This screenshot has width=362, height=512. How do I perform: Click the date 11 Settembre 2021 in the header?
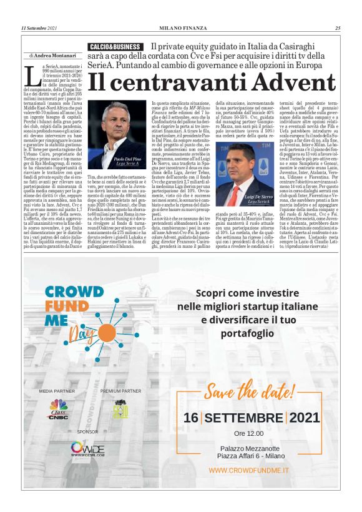click(39, 28)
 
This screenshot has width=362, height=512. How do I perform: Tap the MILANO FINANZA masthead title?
click(181, 28)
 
